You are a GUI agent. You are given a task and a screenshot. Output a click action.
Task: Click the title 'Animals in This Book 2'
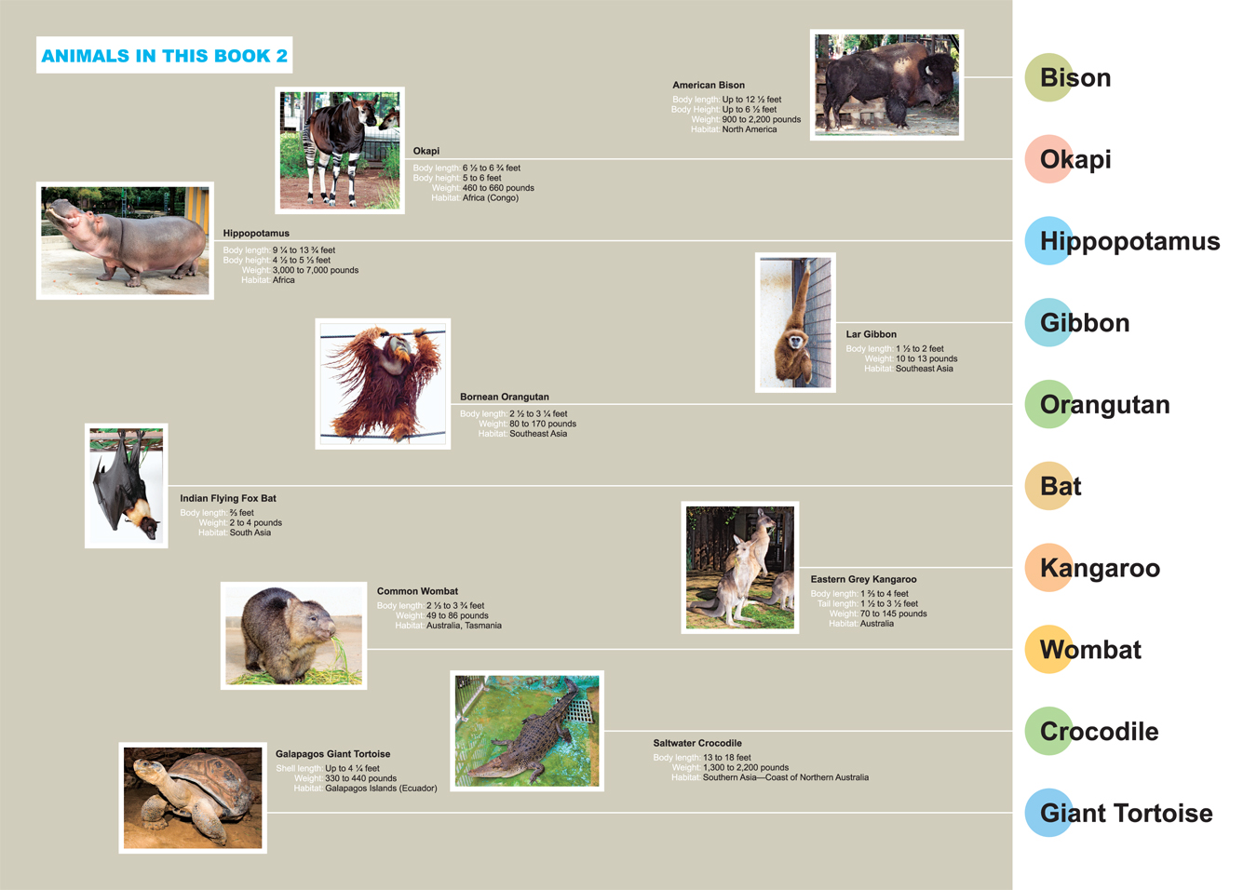coord(165,56)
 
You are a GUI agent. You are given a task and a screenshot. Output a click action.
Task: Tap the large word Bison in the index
coord(1075,77)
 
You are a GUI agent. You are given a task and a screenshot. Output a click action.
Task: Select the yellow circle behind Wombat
coord(1049,649)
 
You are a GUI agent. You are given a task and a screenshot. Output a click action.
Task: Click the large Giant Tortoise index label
coord(1126,813)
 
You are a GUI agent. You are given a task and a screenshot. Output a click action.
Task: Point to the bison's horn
coord(928,72)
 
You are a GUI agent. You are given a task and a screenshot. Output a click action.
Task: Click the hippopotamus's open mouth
coord(63,212)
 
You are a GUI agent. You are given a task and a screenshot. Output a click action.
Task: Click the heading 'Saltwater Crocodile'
coord(697,743)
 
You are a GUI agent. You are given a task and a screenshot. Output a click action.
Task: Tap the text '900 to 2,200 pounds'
coord(761,119)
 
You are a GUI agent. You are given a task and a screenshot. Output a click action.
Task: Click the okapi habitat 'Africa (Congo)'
coord(490,198)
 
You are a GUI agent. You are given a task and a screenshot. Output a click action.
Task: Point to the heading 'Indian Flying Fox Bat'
coord(228,498)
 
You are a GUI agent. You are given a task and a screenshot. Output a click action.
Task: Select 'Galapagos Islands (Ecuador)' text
coord(381,789)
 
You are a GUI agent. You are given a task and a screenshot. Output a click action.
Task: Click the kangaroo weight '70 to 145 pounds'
coord(893,614)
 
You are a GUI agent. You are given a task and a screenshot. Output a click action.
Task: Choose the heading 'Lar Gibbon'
coord(871,334)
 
